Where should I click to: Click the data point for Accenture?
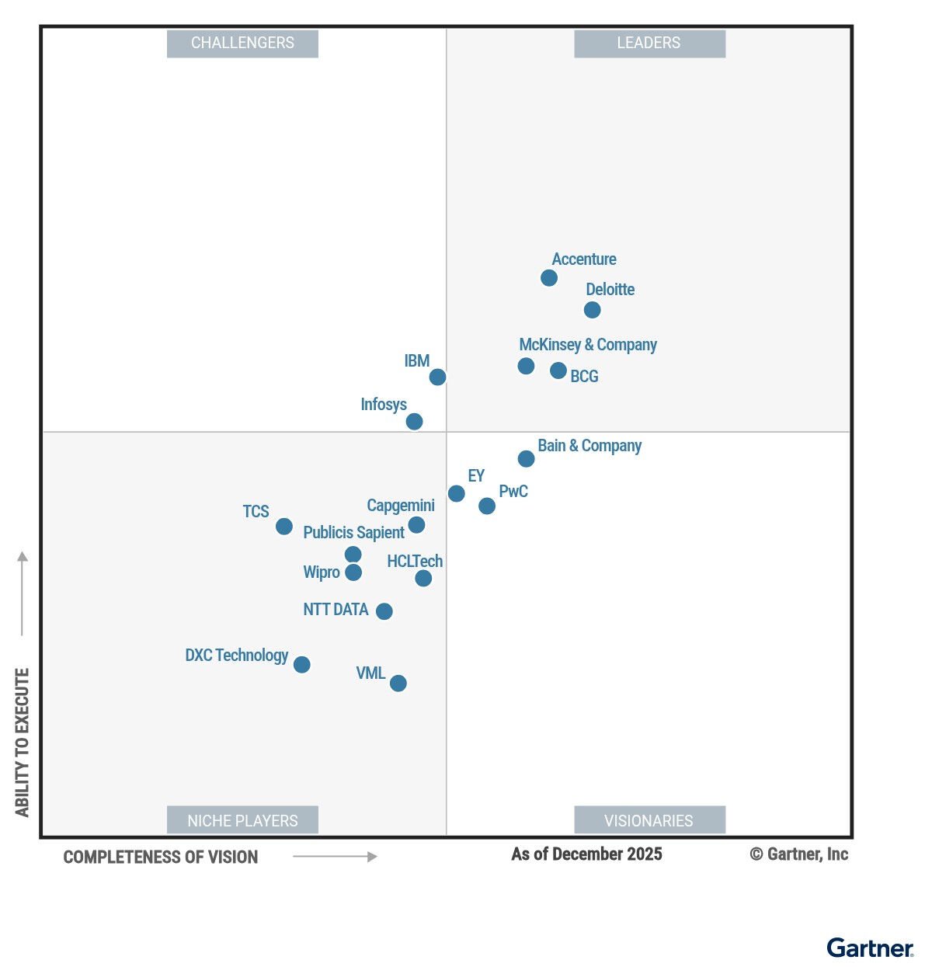coord(549,278)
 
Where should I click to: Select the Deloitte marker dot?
coord(592,310)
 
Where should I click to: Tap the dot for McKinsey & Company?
coord(526,366)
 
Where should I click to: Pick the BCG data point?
coord(558,370)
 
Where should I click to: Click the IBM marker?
coord(438,377)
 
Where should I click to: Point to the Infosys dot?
coord(415,422)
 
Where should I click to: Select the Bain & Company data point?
coord(526,459)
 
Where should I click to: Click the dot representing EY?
coord(457,493)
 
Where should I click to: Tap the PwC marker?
coord(487,506)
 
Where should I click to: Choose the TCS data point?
coord(284,527)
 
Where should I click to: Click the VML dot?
coord(398,684)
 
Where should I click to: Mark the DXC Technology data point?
coord(302,665)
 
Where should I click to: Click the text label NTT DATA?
coord(336,610)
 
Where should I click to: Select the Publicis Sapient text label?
coord(353,533)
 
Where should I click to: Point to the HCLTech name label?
coord(415,561)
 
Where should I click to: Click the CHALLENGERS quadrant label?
coord(242,43)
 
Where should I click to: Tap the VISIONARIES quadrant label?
coord(649,820)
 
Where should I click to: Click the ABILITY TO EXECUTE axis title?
coord(23,742)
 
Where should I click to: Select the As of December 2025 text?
coord(586,854)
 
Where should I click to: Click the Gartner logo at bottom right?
coord(870,948)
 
